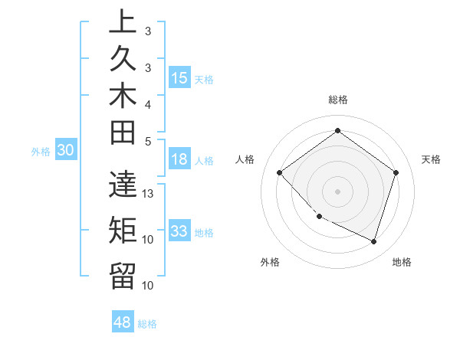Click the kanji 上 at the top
[122, 23]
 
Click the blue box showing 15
[179, 78]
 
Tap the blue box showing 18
[179, 160]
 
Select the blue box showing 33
[179, 231]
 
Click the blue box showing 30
[65, 151]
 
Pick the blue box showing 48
[122, 322]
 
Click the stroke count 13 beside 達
[148, 194]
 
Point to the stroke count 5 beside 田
[148, 141]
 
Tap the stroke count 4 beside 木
[148, 103]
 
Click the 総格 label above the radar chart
[337, 100]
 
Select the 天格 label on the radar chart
[432, 159]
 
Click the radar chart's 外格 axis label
[270, 263]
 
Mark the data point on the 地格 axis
[374, 241]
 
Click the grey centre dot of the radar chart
[337, 191]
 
